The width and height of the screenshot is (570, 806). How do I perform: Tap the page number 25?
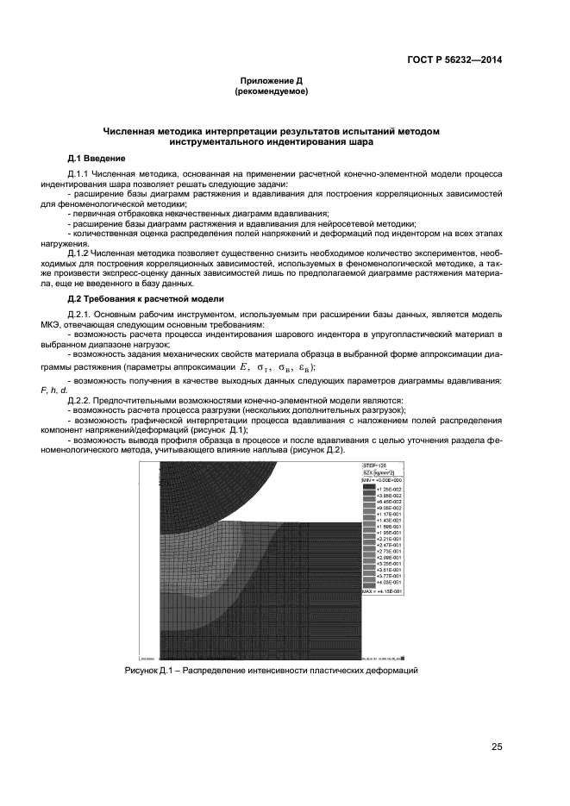497,747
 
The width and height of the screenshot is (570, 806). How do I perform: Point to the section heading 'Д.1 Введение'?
97,159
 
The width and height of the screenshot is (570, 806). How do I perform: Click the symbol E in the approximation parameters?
245,366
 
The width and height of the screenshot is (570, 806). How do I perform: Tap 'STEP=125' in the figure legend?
376,465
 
